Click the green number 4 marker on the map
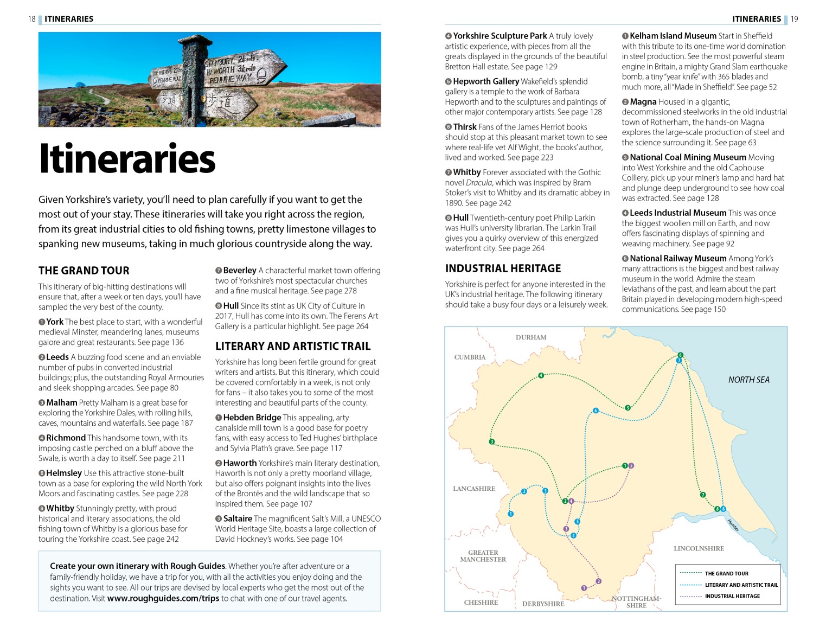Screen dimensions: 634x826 tap(541, 375)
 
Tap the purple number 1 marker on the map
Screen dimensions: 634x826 tap(584, 588)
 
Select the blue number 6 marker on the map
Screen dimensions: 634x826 tap(596, 411)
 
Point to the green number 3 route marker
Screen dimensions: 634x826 tap(491, 441)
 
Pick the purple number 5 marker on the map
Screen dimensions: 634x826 tap(631, 465)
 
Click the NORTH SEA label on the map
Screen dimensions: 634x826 tap(748, 380)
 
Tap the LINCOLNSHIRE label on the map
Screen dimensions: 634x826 tap(699, 548)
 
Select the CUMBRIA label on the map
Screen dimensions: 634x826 tap(470, 357)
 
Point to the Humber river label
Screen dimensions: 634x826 tap(733, 525)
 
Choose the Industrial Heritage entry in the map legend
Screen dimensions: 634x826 tap(732, 596)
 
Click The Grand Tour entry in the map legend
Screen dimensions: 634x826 tap(726, 573)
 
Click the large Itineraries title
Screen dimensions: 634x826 tap(127, 158)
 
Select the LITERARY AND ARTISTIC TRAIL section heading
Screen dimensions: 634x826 tap(293, 346)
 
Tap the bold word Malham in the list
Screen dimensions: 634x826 tap(62, 402)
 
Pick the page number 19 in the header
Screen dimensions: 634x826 tap(794, 19)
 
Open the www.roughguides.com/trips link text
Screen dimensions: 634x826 tap(163, 598)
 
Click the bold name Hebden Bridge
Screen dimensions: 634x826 tap(252, 418)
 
